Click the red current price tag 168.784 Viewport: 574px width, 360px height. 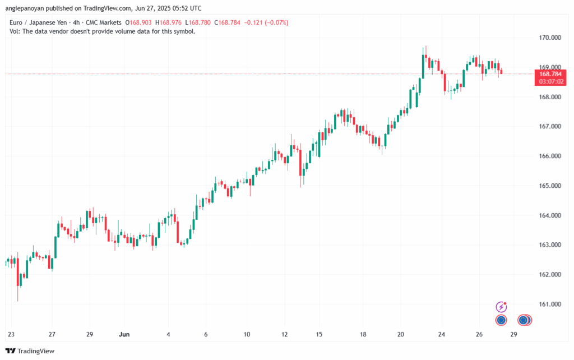(x=551, y=74)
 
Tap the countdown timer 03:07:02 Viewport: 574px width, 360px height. (x=551, y=82)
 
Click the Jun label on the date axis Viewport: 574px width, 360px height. (x=124, y=334)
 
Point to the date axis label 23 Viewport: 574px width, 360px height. (x=11, y=334)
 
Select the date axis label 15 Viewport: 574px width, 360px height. (x=318, y=334)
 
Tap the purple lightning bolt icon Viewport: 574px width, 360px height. (x=502, y=307)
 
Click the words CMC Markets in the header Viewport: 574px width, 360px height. (x=104, y=22)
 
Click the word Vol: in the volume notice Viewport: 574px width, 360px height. (x=16, y=31)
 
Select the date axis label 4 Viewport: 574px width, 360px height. (x=168, y=334)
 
